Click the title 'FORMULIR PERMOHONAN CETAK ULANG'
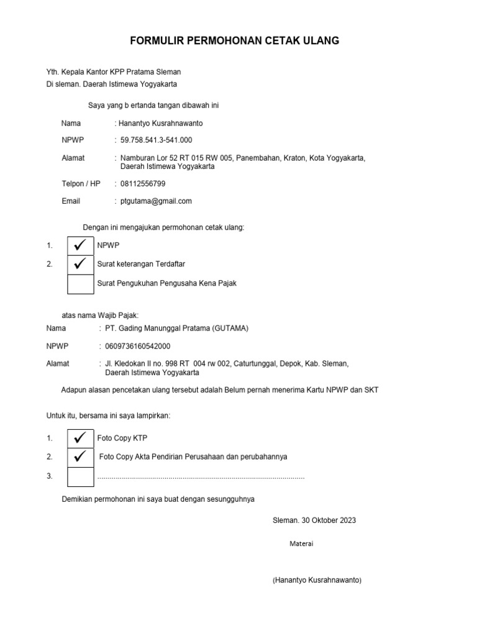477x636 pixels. (x=234, y=41)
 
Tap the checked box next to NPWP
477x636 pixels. (x=79, y=246)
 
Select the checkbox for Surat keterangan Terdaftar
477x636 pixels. (x=79, y=265)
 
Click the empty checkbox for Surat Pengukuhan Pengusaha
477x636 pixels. (x=79, y=283)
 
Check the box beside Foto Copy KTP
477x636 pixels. (x=79, y=438)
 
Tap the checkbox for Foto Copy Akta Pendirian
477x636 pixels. (x=79, y=457)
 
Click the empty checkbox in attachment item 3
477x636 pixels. (x=79, y=476)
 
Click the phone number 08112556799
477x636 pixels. (x=143, y=184)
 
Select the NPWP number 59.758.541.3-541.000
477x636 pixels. (x=156, y=140)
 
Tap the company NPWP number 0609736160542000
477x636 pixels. (x=138, y=346)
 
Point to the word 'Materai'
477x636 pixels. (x=301, y=544)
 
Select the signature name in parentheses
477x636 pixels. (x=317, y=580)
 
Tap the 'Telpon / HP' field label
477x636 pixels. (x=81, y=184)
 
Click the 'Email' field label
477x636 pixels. (x=71, y=201)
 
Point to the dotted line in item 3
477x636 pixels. (x=201, y=477)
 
